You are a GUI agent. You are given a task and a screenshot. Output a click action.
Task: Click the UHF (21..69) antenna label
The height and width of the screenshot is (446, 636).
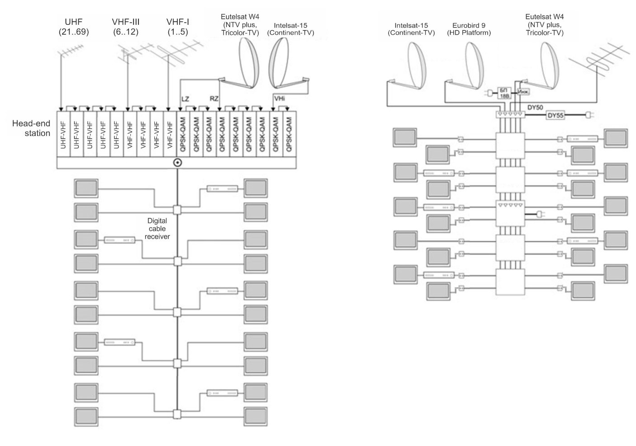[73, 27]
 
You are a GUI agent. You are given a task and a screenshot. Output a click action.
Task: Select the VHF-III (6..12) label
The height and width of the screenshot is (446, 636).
[125, 27]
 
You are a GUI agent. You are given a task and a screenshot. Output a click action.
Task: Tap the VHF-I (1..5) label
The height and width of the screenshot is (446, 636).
[177, 27]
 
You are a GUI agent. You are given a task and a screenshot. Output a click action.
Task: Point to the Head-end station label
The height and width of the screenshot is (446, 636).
[31, 128]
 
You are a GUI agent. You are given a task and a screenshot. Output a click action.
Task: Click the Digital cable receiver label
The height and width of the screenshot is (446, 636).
[157, 229]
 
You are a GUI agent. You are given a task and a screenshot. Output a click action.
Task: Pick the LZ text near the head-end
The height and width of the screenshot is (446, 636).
[185, 99]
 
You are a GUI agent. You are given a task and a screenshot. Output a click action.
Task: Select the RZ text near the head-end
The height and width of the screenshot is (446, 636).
[214, 99]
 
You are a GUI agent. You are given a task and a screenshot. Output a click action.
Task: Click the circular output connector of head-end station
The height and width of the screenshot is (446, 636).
[178, 163]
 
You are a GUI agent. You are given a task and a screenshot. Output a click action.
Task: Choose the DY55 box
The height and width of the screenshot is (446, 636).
[555, 115]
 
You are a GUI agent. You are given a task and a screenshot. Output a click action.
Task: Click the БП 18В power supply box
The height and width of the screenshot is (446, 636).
[503, 93]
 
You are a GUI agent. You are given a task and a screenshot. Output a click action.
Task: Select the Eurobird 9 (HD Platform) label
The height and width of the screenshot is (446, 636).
[469, 29]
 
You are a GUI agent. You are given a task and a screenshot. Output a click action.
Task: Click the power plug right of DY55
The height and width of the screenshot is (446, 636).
[589, 115]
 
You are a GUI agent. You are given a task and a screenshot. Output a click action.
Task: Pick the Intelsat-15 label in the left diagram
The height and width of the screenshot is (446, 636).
[290, 29]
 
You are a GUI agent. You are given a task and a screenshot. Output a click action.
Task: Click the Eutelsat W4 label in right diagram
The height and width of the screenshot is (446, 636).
[545, 25]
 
